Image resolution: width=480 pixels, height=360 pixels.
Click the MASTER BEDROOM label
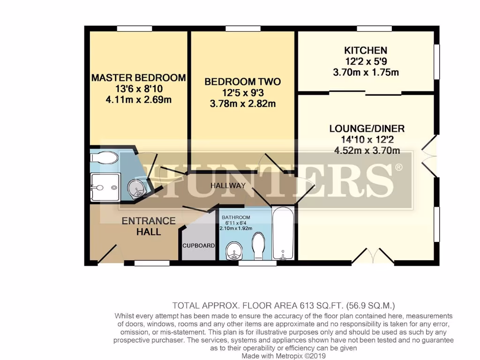(138, 78)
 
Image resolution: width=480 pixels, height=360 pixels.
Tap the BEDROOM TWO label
(243, 82)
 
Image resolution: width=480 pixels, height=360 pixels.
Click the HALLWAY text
(228, 186)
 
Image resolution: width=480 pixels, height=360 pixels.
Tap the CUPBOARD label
(199, 246)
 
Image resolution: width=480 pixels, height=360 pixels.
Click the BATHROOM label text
(236, 217)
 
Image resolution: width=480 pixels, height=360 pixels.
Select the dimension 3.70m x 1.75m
(366, 72)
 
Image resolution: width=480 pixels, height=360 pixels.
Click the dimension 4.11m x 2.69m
(138, 99)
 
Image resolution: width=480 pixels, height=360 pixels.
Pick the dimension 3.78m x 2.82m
(243, 104)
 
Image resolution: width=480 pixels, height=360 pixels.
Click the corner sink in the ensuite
(137, 188)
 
